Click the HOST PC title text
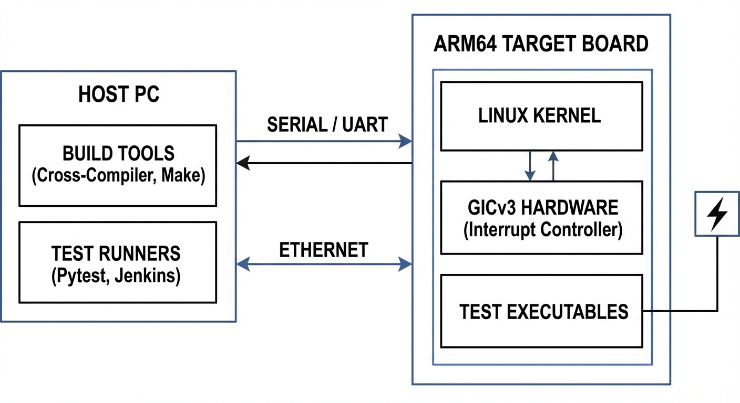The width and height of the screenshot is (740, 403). [119, 95]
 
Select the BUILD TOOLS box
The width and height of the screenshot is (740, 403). [118, 165]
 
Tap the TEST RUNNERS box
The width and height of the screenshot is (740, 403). [118, 262]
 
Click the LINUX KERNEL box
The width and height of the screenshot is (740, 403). [541, 116]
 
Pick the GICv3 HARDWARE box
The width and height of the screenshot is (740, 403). [541, 218]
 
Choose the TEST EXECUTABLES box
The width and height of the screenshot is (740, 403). [541, 311]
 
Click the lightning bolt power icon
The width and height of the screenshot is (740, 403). [717, 214]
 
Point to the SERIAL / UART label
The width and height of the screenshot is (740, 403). [327, 125]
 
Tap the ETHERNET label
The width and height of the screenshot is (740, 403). [323, 250]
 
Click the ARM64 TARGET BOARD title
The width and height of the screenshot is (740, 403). [541, 44]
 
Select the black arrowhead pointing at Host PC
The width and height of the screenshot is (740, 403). [243, 163]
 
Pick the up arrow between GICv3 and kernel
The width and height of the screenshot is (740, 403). [553, 156]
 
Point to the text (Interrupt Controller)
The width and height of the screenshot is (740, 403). [542, 230]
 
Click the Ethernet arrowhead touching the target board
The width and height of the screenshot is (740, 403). [405, 264]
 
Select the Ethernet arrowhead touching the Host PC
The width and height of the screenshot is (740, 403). [243, 264]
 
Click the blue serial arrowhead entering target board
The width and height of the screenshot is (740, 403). [405, 141]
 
